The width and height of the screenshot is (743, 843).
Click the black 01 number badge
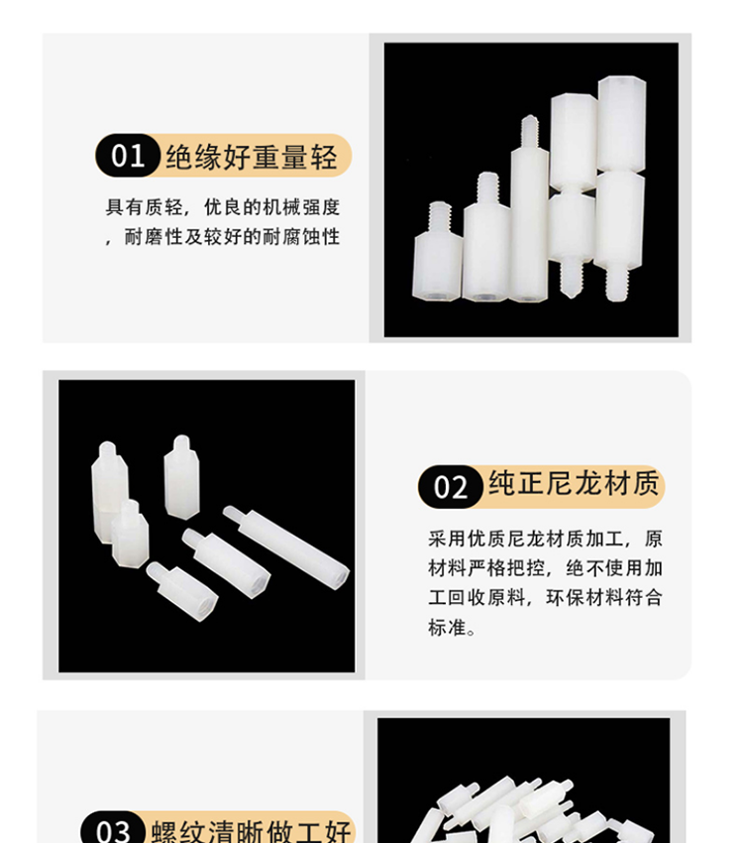click(128, 156)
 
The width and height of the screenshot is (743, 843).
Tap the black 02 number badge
click(451, 487)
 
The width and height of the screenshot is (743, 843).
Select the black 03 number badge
click(113, 831)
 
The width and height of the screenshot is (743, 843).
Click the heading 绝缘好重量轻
click(252, 157)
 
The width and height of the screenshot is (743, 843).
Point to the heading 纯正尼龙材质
click(574, 483)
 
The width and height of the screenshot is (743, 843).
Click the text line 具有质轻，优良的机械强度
click(223, 207)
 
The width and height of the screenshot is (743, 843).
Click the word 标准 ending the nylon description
click(447, 627)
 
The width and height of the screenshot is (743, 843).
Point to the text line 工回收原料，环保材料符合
click(546, 597)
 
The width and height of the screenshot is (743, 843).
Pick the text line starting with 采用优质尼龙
click(546, 539)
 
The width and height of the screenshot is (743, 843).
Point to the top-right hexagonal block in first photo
click(622, 124)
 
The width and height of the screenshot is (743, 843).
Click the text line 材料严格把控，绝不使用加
click(546, 568)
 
